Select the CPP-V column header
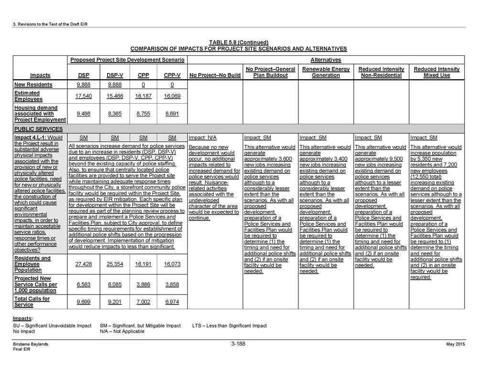172,75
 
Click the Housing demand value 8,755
143,114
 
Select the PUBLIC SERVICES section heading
35,129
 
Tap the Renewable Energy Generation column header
326,72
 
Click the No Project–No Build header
215,75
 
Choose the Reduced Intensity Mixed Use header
436,72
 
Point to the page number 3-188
239,343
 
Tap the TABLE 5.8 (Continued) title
239,42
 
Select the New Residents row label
33,84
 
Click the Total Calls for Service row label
32,302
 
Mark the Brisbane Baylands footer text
31,344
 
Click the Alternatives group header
326,60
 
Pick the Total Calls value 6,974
172,302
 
